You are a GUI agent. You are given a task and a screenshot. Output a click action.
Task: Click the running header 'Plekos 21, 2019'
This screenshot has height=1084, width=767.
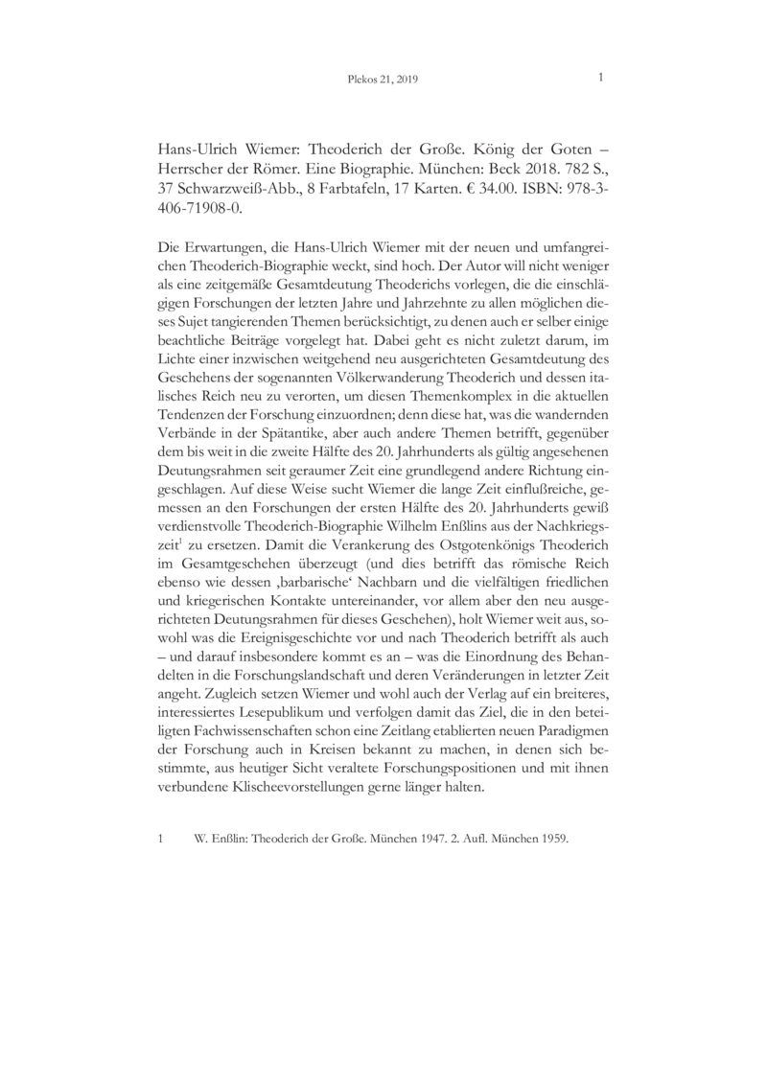(383, 81)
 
